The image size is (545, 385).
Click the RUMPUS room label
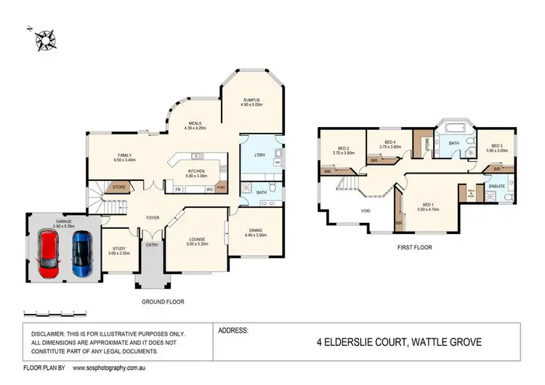click(x=251, y=100)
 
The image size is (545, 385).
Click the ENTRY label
click(x=152, y=244)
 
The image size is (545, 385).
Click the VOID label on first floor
click(x=366, y=211)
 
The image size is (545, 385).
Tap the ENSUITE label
click(x=497, y=186)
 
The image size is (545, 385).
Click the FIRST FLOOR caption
click(x=414, y=248)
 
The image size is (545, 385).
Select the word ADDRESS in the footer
click(x=234, y=330)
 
